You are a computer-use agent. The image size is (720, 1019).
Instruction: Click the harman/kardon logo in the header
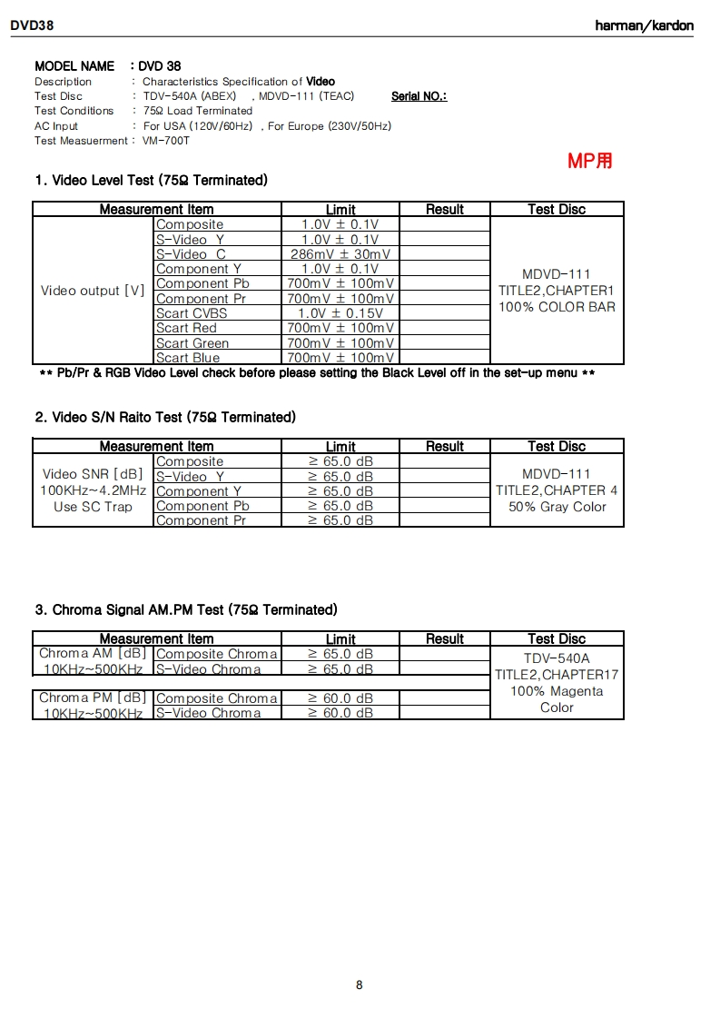(x=644, y=25)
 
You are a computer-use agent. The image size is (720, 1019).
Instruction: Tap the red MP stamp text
(x=590, y=161)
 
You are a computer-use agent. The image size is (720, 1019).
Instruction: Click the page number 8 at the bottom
(x=360, y=984)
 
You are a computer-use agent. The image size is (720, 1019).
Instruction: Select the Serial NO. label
(x=419, y=96)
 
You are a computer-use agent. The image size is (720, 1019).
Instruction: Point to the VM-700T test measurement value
(x=166, y=141)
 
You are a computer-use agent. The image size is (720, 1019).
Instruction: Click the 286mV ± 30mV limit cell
(x=340, y=254)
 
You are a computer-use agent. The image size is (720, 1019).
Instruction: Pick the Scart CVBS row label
(x=192, y=313)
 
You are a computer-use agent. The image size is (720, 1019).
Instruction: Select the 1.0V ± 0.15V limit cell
(x=340, y=313)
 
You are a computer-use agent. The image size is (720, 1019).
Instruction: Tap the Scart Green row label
(x=192, y=343)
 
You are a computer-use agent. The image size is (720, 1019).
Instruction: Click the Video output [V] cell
(x=93, y=291)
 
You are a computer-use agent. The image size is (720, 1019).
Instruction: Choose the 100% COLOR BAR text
(x=557, y=307)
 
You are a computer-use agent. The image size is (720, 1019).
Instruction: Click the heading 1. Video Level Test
(x=151, y=180)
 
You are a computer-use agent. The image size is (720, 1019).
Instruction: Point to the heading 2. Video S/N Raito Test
(x=165, y=417)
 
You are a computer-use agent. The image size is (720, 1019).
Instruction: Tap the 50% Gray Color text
(x=557, y=507)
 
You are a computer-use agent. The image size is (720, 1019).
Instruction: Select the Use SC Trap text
(x=93, y=507)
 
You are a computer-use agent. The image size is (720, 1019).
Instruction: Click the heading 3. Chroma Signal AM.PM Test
(x=186, y=608)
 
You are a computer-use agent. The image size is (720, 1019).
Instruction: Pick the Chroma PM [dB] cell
(x=93, y=697)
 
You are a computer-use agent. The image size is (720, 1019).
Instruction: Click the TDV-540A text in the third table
(x=557, y=658)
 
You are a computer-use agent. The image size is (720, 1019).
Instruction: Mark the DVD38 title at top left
(x=33, y=25)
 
